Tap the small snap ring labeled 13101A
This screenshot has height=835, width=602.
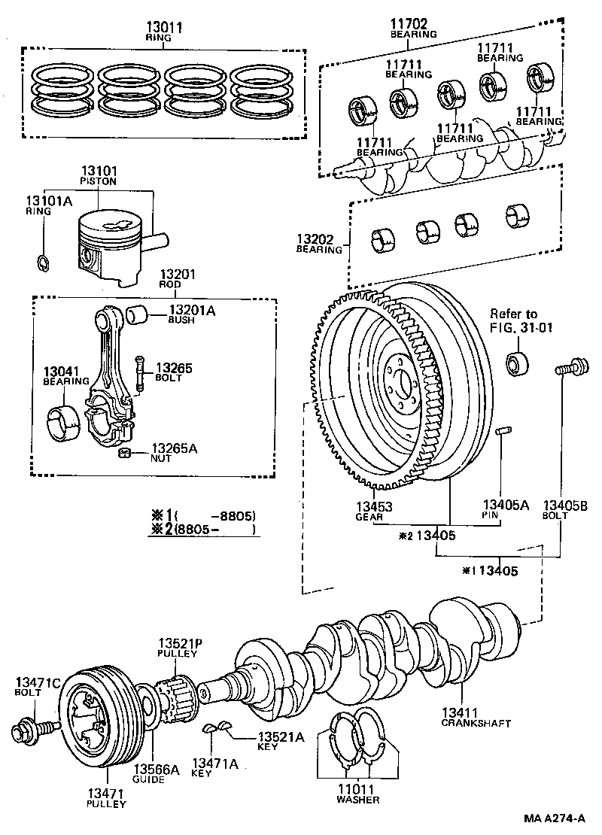pos(43,262)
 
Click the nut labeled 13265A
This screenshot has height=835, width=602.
pos(126,452)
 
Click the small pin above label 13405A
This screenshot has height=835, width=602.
pos(503,431)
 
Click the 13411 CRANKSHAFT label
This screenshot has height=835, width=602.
pos(476,718)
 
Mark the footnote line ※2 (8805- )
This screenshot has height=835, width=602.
pos(203,530)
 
